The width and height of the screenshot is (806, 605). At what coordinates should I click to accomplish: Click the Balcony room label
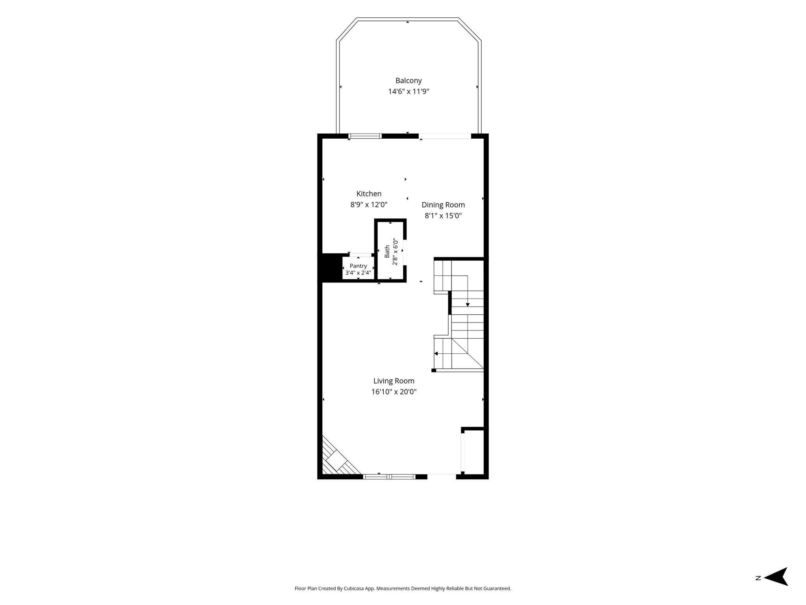409,81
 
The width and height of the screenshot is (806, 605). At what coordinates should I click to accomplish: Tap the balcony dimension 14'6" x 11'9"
409,92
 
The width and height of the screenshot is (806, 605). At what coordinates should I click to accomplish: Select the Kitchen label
369,194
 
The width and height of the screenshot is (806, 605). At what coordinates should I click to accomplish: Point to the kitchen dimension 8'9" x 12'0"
369,205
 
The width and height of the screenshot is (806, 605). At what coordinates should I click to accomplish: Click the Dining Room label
443,205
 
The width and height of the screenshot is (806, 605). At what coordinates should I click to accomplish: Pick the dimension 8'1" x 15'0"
443,216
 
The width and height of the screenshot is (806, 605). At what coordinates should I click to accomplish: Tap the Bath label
387,251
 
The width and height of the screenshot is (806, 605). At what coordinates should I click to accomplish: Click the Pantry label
358,266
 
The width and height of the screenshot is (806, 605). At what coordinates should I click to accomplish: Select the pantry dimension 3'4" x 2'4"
358,273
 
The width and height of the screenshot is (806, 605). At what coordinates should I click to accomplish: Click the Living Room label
394,381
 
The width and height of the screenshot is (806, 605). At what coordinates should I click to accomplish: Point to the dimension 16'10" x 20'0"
394,392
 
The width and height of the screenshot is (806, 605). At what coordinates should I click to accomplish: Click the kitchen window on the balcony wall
365,136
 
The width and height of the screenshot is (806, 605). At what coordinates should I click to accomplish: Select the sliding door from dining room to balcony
445,136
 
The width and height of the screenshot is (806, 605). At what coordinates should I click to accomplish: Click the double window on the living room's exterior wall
389,477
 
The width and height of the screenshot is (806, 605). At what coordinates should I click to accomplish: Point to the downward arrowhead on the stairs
468,304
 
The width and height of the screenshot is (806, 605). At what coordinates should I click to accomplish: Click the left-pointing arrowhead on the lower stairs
436,354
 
